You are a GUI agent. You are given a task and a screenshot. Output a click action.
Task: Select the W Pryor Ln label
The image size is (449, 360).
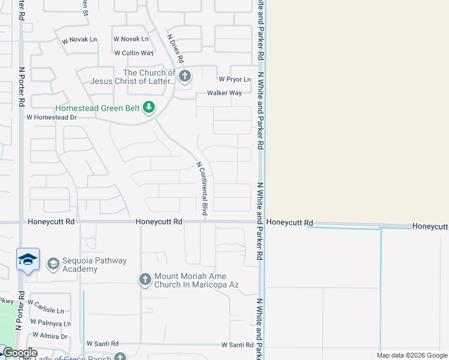click(234, 79)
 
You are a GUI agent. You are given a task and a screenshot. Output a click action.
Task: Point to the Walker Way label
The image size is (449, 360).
click(224, 93)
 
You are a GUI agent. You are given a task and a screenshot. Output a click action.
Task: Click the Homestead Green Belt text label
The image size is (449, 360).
click(97, 109)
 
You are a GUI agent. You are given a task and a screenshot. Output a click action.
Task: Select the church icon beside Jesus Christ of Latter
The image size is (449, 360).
click(184, 76)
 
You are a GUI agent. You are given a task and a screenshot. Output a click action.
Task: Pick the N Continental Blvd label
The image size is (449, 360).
click(202, 188)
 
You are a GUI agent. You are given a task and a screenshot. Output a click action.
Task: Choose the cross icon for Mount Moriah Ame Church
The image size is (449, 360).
click(145, 280)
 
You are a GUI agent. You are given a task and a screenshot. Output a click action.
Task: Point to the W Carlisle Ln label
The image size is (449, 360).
click(46, 307)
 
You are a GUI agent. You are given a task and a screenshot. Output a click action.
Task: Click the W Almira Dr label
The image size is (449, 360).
click(50, 336)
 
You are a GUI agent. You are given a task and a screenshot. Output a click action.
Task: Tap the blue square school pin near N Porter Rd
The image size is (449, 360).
click(28, 260)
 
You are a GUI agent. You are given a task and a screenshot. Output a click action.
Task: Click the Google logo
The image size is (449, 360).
click(19, 353)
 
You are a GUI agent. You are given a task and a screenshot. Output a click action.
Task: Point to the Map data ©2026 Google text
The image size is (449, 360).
click(411, 355)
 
